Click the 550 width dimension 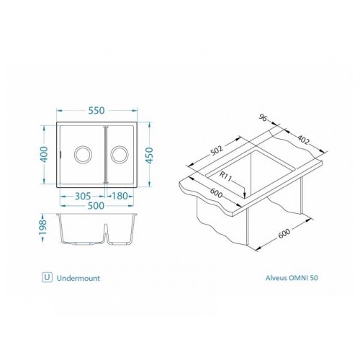click(96, 111)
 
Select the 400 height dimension click(45, 154)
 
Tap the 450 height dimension click(149, 156)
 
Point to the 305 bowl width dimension click(83, 196)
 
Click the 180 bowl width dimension click(120, 196)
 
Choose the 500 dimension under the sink click(96, 206)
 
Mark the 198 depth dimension click(43, 228)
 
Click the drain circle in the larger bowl click(83, 154)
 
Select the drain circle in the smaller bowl click(120, 154)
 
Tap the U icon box click(47, 277)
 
